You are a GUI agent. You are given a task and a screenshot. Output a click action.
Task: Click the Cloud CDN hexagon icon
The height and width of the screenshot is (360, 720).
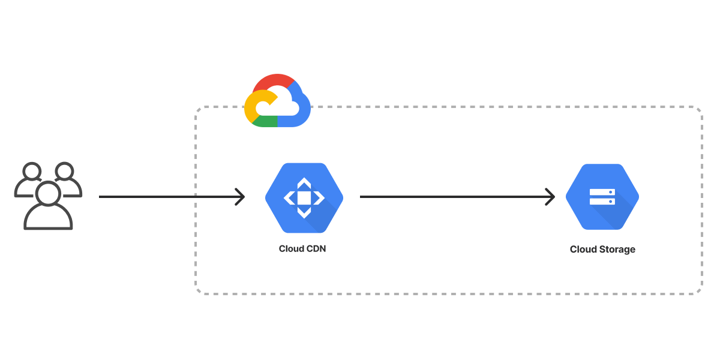[304, 198]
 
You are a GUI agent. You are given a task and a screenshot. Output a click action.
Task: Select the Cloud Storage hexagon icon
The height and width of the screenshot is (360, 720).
[602, 197]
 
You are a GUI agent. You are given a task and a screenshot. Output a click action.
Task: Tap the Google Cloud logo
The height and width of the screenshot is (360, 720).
[277, 100]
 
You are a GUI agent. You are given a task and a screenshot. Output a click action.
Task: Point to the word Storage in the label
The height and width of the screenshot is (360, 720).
[617, 250]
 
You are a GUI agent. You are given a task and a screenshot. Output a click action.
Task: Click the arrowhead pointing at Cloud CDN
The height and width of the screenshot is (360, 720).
[240, 197]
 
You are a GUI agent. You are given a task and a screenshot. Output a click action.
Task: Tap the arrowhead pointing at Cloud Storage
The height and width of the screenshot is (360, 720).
[550, 197]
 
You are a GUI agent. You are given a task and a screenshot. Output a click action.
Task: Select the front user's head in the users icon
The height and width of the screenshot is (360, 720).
[48, 193]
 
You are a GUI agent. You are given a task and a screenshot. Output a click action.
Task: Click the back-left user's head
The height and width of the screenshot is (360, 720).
[32, 172]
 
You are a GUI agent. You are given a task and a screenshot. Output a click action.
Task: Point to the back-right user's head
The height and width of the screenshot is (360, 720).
[64, 172]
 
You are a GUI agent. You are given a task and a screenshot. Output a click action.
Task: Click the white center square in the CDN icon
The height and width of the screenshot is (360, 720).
[304, 198]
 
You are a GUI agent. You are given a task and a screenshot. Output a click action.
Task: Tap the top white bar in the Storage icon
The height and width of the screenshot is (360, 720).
[602, 192]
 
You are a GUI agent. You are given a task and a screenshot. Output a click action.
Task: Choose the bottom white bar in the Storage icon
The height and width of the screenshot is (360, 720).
[602, 202]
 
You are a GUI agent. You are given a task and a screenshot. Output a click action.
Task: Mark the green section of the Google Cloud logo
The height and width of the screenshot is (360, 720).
[265, 122]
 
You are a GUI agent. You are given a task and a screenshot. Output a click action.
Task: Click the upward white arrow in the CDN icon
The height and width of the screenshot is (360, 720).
[304, 183]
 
